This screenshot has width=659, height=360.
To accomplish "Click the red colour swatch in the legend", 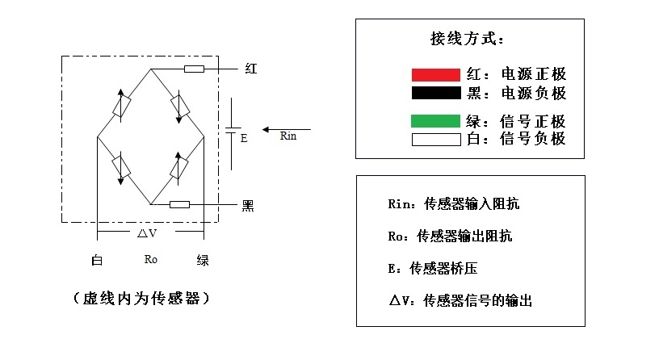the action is click(435, 75).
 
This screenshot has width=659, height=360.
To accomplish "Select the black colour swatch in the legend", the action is click(435, 92).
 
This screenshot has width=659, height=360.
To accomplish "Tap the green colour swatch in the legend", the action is click(435, 122).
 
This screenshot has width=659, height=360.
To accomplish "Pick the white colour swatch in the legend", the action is click(435, 139).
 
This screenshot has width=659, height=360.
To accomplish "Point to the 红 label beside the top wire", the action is click(250, 69).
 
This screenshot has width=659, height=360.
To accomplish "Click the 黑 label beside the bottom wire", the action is click(249, 205).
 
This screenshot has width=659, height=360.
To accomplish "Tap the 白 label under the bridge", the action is click(97, 260).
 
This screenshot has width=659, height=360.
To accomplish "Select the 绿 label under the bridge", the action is click(203, 260).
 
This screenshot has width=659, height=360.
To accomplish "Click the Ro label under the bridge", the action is click(150, 260).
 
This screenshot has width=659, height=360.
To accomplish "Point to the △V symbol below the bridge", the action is click(147, 232).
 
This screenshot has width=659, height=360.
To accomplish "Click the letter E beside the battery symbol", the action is click(244, 138).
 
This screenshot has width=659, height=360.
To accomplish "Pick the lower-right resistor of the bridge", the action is click(178, 167).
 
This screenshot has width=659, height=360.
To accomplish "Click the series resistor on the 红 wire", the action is click(194, 69).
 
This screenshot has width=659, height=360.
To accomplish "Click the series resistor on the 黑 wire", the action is click(179, 204).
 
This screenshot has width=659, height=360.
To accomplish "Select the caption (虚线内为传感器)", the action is click(142, 298).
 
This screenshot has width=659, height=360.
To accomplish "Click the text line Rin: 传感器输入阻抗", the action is click(453, 204).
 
